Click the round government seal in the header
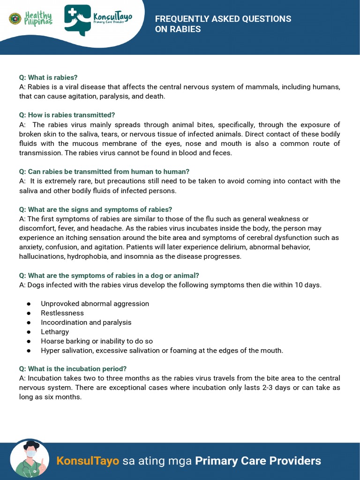point(15,19)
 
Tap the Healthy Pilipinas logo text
point(38,18)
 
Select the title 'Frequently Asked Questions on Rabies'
point(223,24)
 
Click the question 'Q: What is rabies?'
point(48,77)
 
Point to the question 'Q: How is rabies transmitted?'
point(67,115)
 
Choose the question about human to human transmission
point(104,172)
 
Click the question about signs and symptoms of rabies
point(96,210)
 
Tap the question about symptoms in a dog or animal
point(109,275)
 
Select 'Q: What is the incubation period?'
point(73,368)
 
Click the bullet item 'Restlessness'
point(62,313)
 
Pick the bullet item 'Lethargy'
point(55,332)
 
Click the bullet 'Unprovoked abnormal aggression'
point(95,304)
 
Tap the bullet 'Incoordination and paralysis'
point(86,322)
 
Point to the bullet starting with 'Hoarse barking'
point(97,341)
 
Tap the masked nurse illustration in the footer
point(29,459)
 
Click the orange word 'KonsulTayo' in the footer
point(88,461)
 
